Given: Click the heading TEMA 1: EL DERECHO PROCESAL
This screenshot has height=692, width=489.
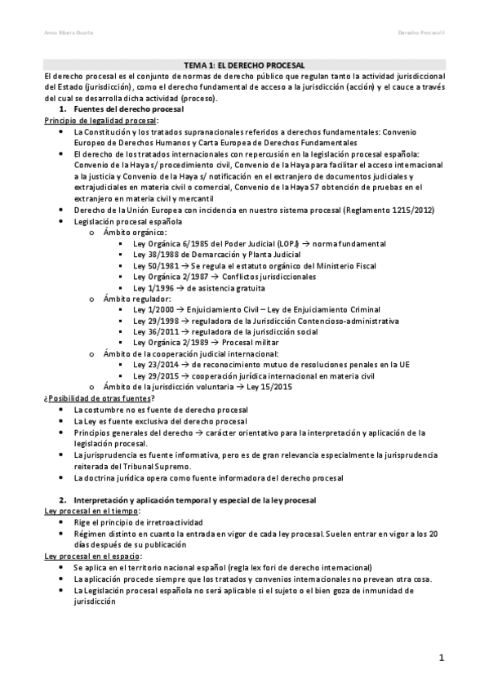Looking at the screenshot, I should [x=244, y=64].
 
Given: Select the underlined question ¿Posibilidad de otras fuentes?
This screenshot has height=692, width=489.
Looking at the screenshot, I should [x=98, y=397].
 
